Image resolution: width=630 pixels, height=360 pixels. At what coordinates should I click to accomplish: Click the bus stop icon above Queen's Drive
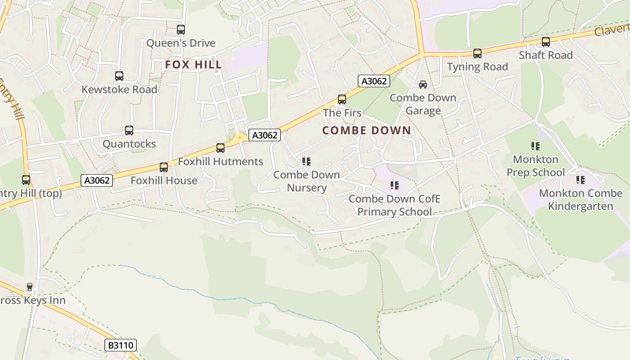click(x=181, y=30)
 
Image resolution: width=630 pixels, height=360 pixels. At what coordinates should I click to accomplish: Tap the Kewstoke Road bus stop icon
click(x=119, y=76)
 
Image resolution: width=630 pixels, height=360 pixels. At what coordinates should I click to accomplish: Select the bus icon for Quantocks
click(x=129, y=130)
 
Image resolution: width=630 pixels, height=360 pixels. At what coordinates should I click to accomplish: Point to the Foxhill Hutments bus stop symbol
click(x=220, y=148)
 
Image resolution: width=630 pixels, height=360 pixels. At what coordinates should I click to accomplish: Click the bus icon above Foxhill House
click(x=164, y=167)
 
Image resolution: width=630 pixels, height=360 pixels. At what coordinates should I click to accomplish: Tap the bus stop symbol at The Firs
click(x=342, y=99)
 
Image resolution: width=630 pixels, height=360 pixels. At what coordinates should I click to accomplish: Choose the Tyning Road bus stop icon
click(x=477, y=54)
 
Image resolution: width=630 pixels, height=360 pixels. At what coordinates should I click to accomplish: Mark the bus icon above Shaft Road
click(x=546, y=42)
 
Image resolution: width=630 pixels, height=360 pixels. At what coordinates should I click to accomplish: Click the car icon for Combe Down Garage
click(x=423, y=85)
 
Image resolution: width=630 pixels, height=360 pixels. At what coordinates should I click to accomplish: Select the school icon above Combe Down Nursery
click(x=306, y=162)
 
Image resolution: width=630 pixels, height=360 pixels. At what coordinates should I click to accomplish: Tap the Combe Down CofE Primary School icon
click(x=395, y=185)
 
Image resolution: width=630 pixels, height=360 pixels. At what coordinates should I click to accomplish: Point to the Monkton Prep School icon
click(x=535, y=146)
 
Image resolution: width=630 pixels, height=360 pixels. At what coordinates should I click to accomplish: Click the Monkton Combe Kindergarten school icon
click(x=581, y=180)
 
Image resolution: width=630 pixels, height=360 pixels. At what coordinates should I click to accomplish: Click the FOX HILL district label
click(x=193, y=65)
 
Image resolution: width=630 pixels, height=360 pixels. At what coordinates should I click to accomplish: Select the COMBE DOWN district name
click(x=367, y=130)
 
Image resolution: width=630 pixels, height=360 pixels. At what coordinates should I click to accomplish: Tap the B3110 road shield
click(x=121, y=345)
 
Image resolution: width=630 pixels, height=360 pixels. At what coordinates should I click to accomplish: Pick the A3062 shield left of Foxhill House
click(x=97, y=180)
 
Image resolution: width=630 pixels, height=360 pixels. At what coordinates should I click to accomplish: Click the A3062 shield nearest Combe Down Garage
click(x=374, y=81)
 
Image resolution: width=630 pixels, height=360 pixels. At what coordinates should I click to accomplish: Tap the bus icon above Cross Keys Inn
click(x=30, y=287)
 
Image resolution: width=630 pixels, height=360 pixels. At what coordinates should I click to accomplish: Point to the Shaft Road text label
click(x=546, y=55)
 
